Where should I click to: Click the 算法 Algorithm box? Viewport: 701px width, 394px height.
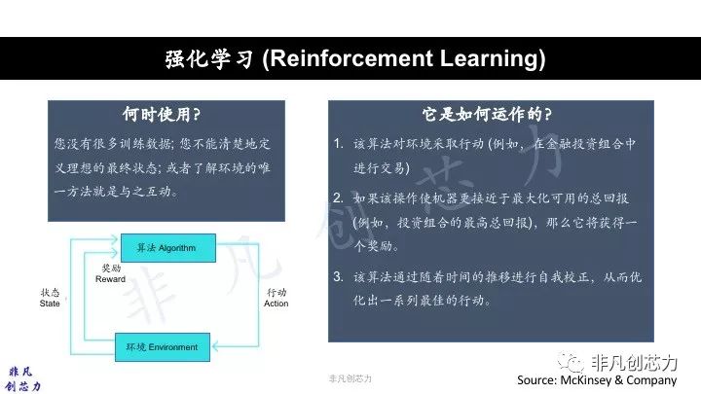168,248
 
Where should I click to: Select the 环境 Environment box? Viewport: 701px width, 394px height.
163,347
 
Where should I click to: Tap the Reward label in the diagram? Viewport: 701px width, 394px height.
110,279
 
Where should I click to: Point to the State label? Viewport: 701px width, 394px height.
50,304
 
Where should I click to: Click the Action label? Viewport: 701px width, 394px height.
276,304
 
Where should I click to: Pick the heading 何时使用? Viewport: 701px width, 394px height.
162,115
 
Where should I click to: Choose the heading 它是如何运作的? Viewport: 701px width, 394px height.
487,115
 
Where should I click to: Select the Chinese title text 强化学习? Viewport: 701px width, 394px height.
208,59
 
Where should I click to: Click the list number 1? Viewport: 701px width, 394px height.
338,143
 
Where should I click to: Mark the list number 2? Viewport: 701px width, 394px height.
338,197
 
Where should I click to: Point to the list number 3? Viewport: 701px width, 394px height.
338,276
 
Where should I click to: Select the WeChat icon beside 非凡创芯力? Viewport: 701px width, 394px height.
571,361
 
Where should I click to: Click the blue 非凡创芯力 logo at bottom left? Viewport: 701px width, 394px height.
22,378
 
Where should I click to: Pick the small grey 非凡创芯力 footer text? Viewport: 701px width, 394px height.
350,378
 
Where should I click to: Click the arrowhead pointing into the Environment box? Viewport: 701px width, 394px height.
216,346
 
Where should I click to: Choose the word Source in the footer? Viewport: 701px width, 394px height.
535,380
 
